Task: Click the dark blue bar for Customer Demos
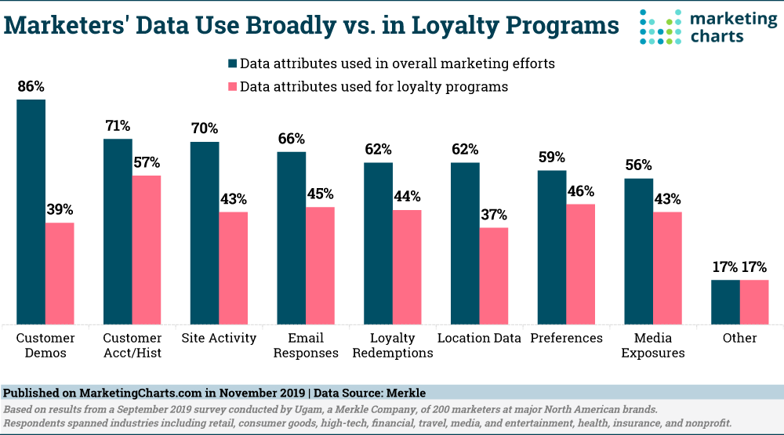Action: [31, 212]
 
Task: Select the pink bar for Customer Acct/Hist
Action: [146, 249]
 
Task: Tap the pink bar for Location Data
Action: [493, 275]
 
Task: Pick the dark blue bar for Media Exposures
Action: [638, 251]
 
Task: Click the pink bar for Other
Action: [754, 302]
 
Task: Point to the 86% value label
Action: [31, 86]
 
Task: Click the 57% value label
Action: [146, 162]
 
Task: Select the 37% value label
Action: [493, 215]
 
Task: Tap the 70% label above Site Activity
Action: [205, 129]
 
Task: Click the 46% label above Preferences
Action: [580, 191]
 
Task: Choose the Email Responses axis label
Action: [307, 345]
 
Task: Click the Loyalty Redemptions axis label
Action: [393, 345]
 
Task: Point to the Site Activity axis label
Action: [219, 338]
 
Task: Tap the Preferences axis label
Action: [566, 338]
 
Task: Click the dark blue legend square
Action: [231, 63]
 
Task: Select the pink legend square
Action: [231, 87]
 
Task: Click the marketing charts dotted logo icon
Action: [660, 27]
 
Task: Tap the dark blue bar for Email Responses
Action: [291, 237]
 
